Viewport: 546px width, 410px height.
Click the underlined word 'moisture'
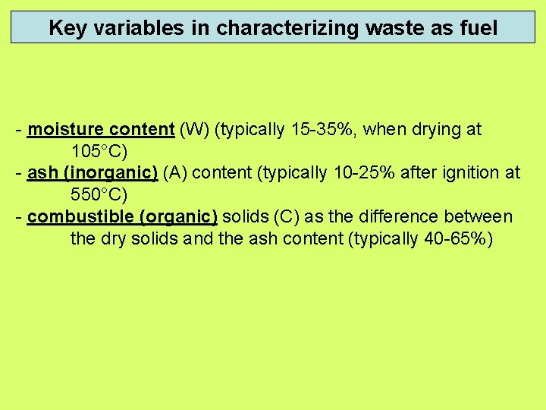pyautogui.click(x=63, y=130)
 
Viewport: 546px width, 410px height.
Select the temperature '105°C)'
pyautogui.click(x=99, y=152)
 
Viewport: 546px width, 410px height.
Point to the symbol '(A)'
pyautogui.click(x=177, y=174)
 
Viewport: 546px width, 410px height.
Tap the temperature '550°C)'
pyautogui.click(x=99, y=196)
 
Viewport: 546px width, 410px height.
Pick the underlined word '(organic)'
pyautogui.click(x=179, y=217)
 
